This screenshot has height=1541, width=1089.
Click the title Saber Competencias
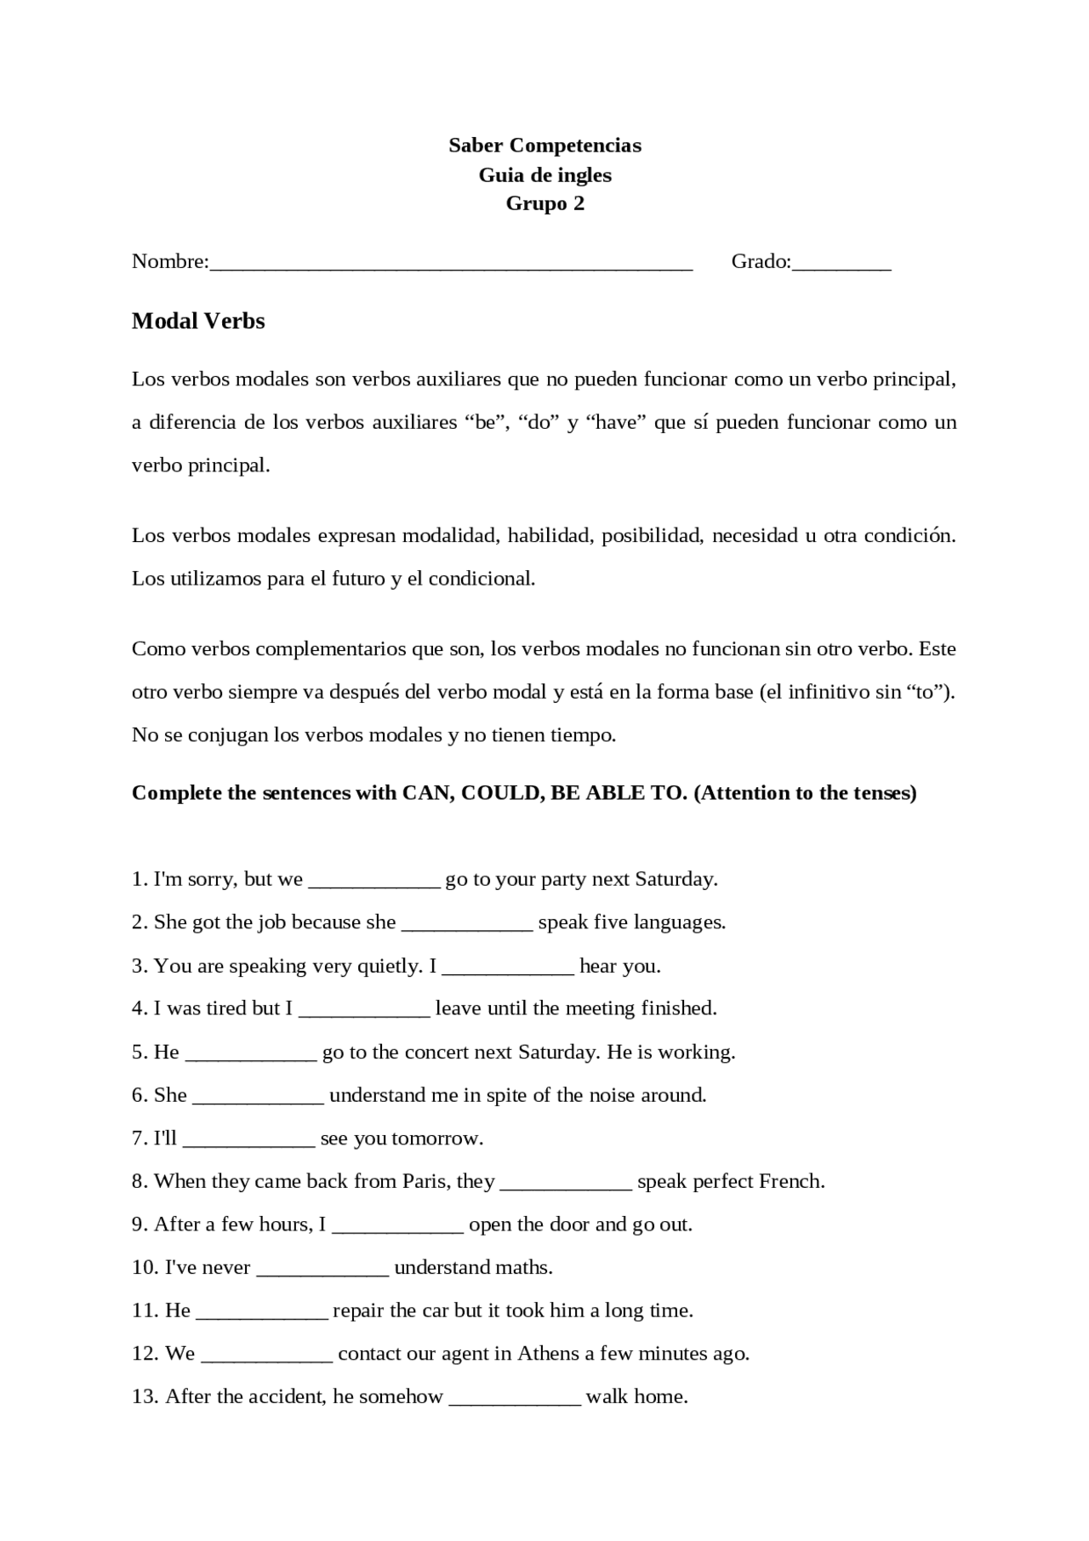(x=544, y=146)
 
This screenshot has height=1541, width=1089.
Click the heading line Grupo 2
(x=544, y=203)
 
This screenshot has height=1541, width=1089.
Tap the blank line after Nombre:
(x=451, y=264)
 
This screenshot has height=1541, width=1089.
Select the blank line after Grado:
(x=841, y=264)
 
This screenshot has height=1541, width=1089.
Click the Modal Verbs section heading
(x=198, y=321)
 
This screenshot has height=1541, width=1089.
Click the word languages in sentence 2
(x=683, y=922)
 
